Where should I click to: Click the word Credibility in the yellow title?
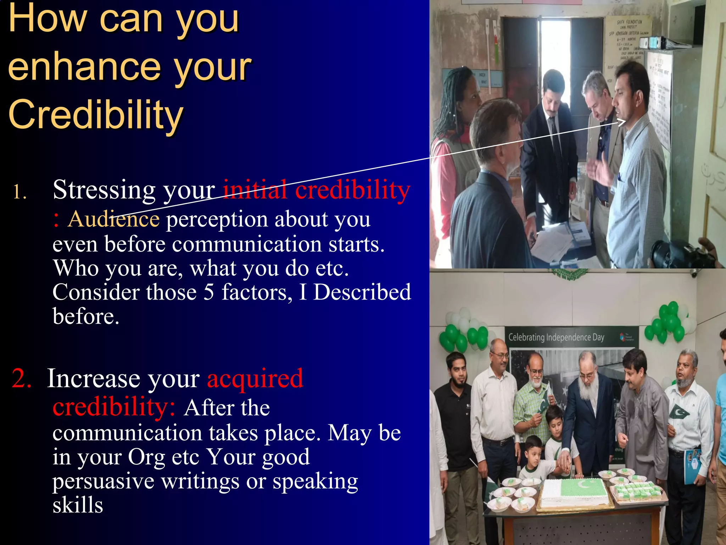pyautogui.click(x=96, y=114)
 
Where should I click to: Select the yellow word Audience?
pyautogui.click(x=113, y=219)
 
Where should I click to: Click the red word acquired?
pyautogui.click(x=255, y=378)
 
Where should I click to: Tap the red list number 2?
pyautogui.click(x=21, y=378)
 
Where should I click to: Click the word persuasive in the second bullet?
pyautogui.click(x=103, y=481)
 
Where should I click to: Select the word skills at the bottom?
pyautogui.click(x=78, y=505)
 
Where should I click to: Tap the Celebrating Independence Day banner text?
pyautogui.click(x=556, y=337)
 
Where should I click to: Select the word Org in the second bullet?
pyautogui.click(x=146, y=457)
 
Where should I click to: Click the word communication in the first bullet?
pyautogui.click(x=246, y=244)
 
